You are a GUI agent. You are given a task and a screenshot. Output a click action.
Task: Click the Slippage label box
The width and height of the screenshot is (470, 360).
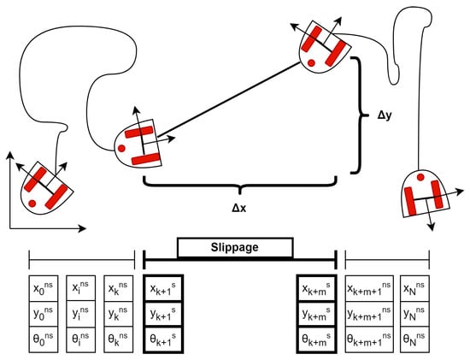pos(235,248)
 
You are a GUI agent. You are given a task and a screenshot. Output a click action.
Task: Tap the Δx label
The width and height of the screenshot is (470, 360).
pos(239,208)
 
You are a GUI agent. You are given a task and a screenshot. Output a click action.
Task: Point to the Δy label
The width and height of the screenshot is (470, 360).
pos(385,115)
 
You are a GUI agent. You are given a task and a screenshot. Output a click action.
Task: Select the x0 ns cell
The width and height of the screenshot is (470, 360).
pos(44,289)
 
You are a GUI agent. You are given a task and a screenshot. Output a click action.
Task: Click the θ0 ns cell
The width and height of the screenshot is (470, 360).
pos(44,339)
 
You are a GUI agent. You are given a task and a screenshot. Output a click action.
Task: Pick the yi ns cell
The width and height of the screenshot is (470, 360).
pos(81,314)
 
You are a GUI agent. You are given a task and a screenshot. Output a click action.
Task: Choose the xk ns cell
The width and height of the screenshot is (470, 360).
pos(119,289)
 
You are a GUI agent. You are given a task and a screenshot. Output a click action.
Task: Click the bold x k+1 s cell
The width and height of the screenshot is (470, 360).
pos(163,289)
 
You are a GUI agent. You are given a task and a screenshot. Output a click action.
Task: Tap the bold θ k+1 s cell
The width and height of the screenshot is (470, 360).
pos(163,339)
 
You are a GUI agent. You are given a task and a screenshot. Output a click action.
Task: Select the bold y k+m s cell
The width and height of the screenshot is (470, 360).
pos(316,314)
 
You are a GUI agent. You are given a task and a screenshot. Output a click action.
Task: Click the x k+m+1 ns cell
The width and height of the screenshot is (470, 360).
pos(369,289)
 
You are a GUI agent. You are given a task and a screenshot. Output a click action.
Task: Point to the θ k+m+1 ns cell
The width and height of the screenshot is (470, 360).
pos(369,339)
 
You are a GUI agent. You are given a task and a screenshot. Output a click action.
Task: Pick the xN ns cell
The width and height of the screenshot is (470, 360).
pos(414,289)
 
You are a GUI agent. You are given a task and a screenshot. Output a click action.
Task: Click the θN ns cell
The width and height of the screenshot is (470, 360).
pos(414,339)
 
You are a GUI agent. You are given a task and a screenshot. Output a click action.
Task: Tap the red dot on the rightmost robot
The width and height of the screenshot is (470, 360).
pos(420,177)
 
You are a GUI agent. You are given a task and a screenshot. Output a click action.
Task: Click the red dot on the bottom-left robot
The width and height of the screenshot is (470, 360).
pos(32,204)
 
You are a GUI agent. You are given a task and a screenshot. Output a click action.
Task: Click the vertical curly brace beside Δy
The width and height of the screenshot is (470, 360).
pos(359,115)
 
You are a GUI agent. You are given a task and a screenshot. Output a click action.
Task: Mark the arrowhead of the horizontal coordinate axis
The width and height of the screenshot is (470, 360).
pos(82,228)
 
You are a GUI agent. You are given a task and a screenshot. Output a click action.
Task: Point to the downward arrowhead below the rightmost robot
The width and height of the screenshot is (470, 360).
pos(432,227)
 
